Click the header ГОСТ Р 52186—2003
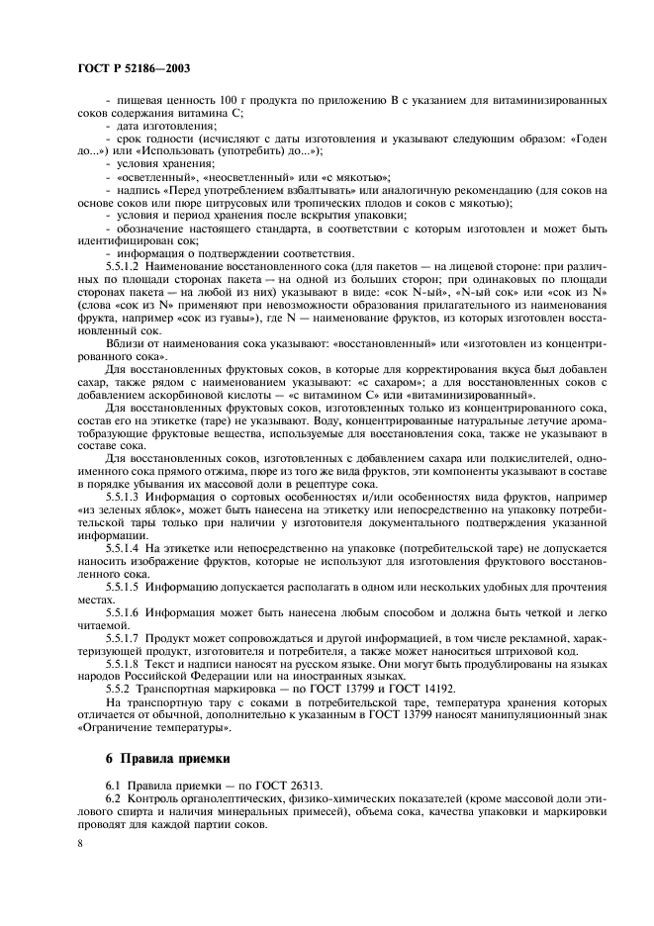pos(134,69)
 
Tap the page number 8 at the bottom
pos(81,842)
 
